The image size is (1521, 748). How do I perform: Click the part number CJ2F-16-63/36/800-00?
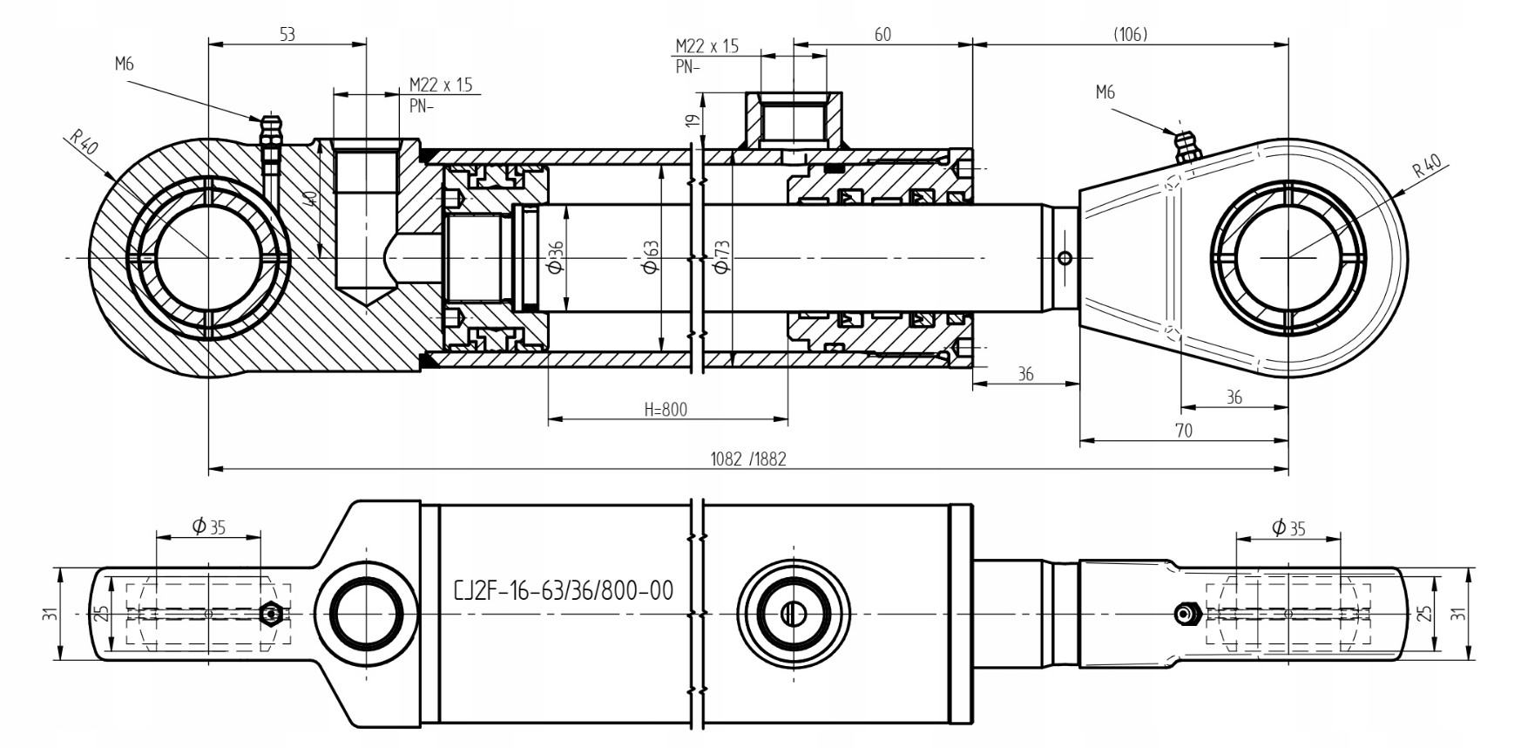tap(564, 591)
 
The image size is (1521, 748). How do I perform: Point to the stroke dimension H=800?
tap(666, 410)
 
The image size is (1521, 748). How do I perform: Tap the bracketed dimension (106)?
tap(1130, 34)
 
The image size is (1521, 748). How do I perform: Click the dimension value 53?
tap(287, 35)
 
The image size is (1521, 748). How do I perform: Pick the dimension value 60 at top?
tap(882, 34)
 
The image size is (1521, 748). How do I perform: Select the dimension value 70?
tap(1183, 430)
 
